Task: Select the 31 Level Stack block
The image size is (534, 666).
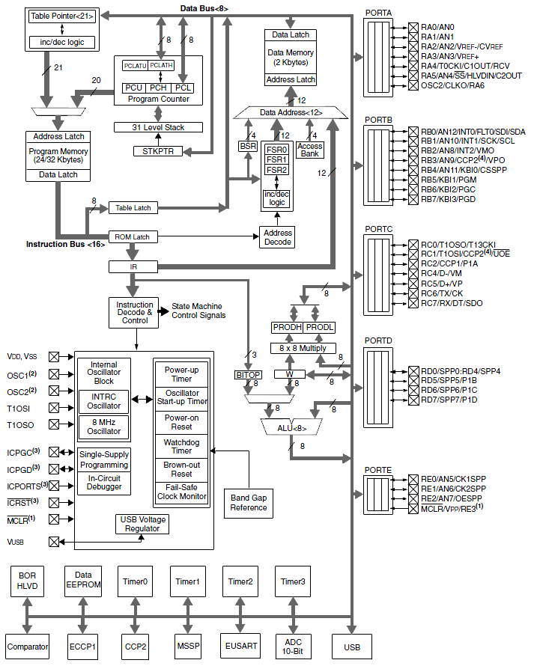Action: (158, 127)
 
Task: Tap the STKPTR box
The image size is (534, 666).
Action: (157, 151)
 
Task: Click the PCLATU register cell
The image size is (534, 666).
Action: (134, 66)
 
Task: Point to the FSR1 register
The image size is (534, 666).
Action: (276, 159)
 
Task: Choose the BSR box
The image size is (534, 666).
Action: (248, 146)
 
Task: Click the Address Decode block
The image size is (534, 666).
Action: (277, 237)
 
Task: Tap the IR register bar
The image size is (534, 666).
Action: (133, 266)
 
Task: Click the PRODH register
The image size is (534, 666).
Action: (288, 328)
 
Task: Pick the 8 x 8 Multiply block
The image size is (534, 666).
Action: (303, 348)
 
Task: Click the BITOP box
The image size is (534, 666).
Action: (248, 374)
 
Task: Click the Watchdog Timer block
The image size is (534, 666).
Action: (181, 445)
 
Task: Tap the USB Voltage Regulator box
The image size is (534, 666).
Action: (142, 524)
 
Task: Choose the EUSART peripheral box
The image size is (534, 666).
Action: (241, 647)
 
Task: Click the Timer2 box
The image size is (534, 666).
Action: (240, 581)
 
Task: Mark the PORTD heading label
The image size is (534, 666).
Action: (378, 340)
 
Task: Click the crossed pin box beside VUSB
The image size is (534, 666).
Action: (54, 541)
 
